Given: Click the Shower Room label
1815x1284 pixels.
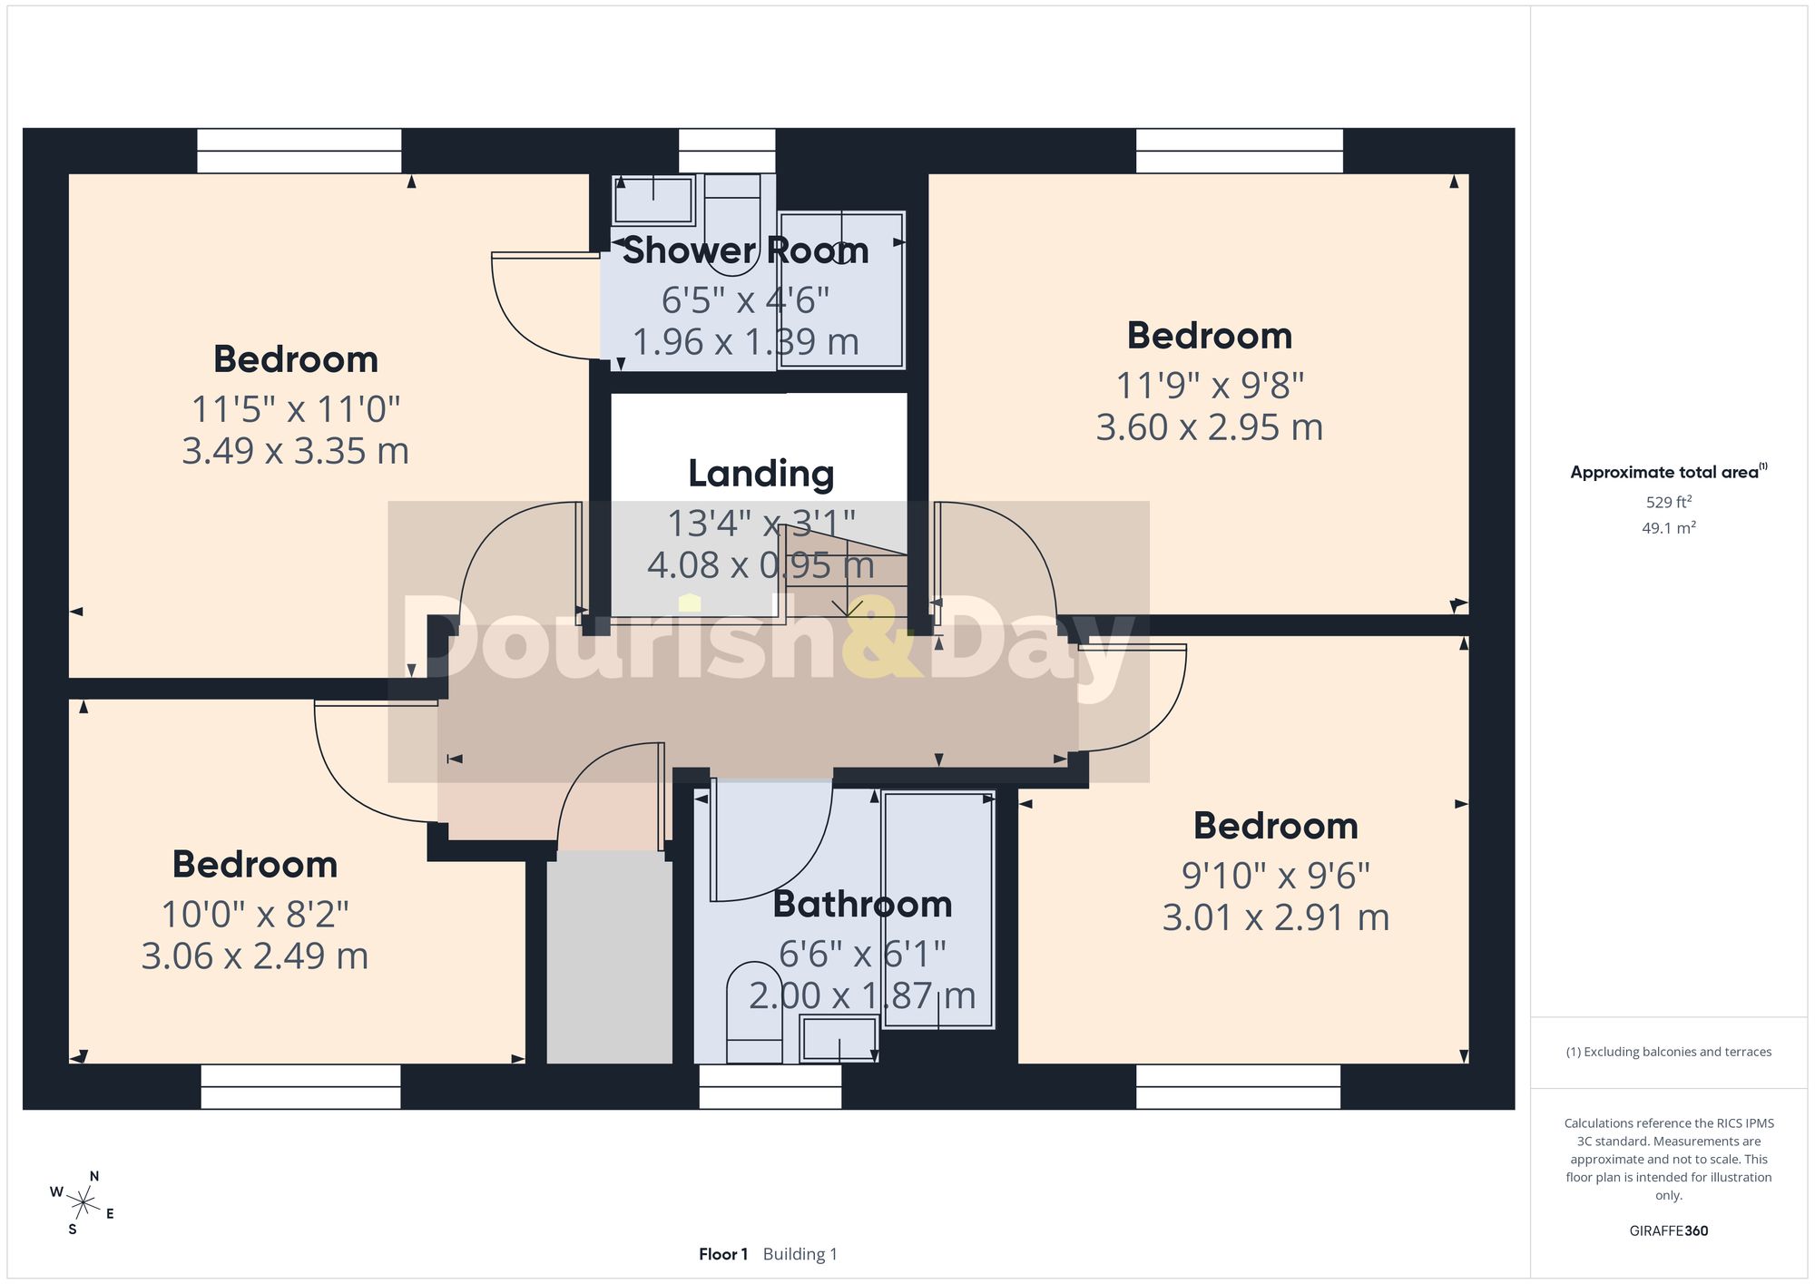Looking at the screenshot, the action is pyautogui.click(x=745, y=250).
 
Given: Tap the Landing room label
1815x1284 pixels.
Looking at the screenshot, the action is pyautogui.click(x=760, y=474).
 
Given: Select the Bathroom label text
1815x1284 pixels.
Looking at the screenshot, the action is pyautogui.click(x=862, y=904).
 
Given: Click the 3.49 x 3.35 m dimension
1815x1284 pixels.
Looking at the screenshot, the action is pyautogui.click(x=295, y=451).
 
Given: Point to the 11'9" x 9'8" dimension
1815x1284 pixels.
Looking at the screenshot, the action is pyautogui.click(x=1210, y=386).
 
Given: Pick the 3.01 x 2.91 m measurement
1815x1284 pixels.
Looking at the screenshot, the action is pyautogui.click(x=1276, y=917).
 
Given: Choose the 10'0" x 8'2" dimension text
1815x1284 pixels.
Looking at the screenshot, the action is pyautogui.click(x=255, y=914).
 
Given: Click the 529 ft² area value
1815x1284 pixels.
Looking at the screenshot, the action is pyautogui.click(x=1669, y=502).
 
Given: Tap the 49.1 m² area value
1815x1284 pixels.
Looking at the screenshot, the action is pyautogui.click(x=1669, y=527).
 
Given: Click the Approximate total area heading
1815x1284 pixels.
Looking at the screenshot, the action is pyautogui.click(x=1669, y=472).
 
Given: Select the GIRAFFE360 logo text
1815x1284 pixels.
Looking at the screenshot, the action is pyautogui.click(x=1669, y=1230).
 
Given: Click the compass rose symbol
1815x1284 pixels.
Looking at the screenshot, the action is pyautogui.click(x=83, y=1204).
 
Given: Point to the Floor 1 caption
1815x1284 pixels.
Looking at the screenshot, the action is pyautogui.click(x=723, y=1254).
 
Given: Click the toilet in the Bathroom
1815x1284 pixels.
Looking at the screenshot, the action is pyautogui.click(x=754, y=1013).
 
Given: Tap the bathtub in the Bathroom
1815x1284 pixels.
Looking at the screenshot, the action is pyautogui.click(x=938, y=909).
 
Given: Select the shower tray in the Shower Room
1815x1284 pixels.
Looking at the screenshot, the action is pyautogui.click(x=841, y=289).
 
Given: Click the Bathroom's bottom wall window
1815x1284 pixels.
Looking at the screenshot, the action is pyautogui.click(x=770, y=1086).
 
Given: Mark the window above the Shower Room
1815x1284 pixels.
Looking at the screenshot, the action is pyautogui.click(x=727, y=151).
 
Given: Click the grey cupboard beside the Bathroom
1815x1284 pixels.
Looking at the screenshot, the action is pyautogui.click(x=609, y=957).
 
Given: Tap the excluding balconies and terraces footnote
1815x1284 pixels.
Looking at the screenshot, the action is pyautogui.click(x=1669, y=1052).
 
